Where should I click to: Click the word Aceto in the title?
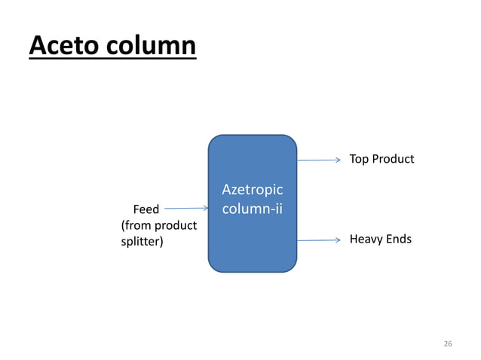click(62, 45)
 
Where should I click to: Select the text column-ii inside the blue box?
click(253, 206)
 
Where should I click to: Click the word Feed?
click(146, 209)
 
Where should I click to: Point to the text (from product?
click(159, 225)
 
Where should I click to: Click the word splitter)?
click(142, 242)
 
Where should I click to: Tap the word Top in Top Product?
click(359, 160)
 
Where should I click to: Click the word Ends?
click(400, 239)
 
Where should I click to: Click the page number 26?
click(448, 343)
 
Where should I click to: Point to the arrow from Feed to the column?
click(185, 209)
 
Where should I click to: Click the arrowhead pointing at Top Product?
click(339, 160)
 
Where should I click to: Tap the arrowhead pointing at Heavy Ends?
click(339, 240)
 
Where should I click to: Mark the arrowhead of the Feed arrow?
click(204, 209)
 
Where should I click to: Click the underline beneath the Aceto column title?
click(112, 58)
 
